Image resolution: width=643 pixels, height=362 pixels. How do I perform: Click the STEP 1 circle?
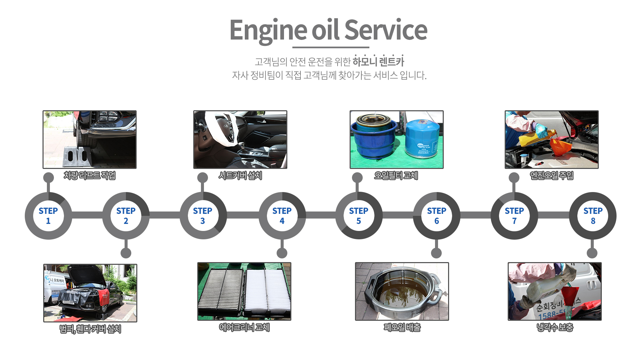[x=48, y=216]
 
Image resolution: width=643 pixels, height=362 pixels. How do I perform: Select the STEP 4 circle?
[x=282, y=216]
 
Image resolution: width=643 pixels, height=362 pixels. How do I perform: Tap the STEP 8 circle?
[x=593, y=216]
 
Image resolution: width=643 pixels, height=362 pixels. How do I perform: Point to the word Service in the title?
[x=386, y=30]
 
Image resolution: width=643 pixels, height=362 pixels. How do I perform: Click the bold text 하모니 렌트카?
[x=378, y=62]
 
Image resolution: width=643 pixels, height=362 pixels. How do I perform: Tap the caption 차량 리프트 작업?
[x=89, y=176]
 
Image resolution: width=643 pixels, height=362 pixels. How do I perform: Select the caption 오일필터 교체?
[x=396, y=176]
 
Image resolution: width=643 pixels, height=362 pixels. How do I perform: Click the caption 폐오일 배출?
[x=402, y=327]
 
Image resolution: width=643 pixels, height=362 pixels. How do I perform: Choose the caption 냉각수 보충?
[x=555, y=327]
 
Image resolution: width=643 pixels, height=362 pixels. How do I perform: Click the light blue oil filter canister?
[x=421, y=139]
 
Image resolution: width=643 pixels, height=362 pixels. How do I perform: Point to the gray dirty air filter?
[x=221, y=292]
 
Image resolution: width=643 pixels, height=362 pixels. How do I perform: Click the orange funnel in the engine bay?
[x=561, y=147]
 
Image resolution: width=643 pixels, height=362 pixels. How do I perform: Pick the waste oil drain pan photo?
[x=402, y=291]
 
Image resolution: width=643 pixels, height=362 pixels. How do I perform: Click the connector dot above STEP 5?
[x=357, y=178]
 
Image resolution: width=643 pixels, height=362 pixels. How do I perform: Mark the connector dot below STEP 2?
[x=126, y=253]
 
